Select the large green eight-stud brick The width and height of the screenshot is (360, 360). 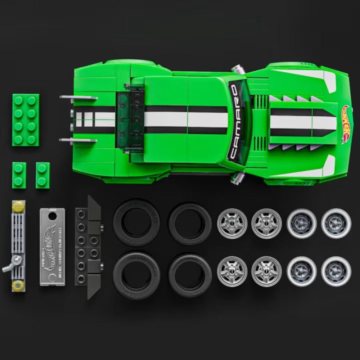click(x=26, y=120)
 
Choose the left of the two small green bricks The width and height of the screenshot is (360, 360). click(x=19, y=175)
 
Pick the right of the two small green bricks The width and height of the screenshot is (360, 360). click(x=42, y=175)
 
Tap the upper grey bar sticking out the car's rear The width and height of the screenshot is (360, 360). click(x=78, y=97)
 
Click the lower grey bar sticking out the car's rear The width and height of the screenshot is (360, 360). click(x=78, y=140)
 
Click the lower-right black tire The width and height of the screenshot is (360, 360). click(x=190, y=275)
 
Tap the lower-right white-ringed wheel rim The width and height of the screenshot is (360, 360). click(x=336, y=271)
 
